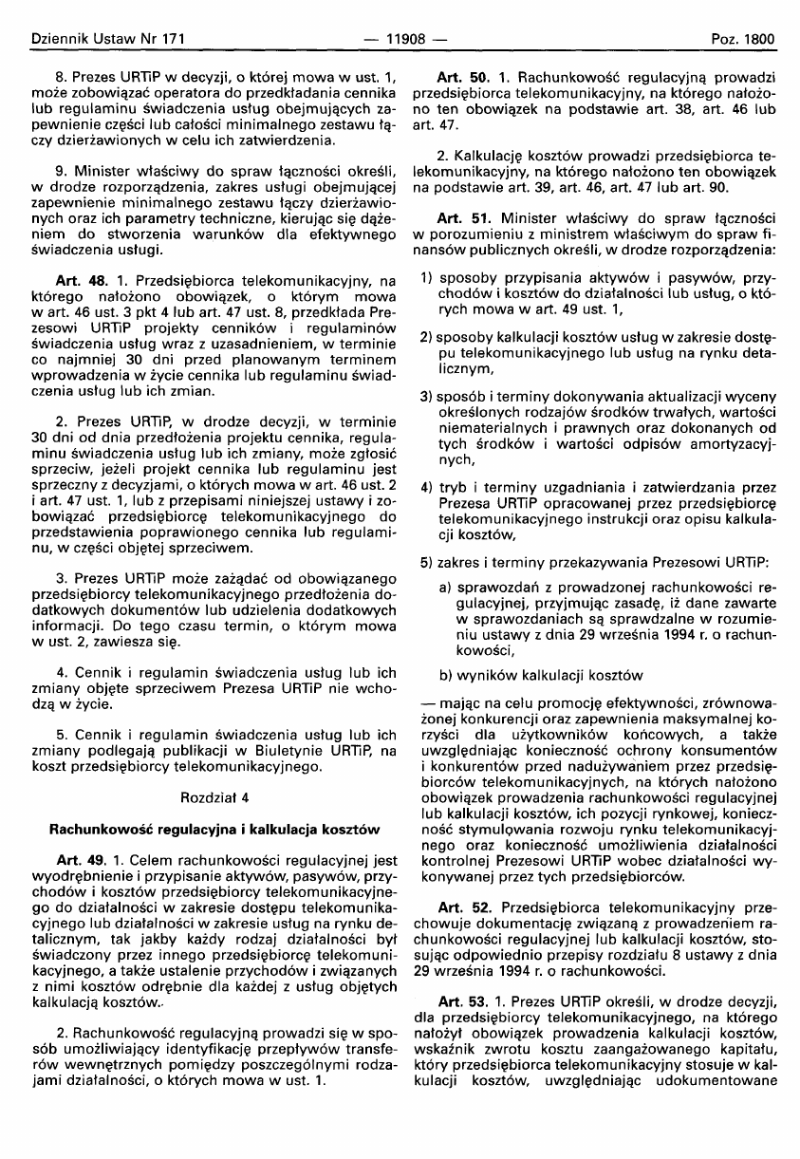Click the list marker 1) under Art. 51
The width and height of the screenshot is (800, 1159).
pyautogui.click(x=426, y=282)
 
